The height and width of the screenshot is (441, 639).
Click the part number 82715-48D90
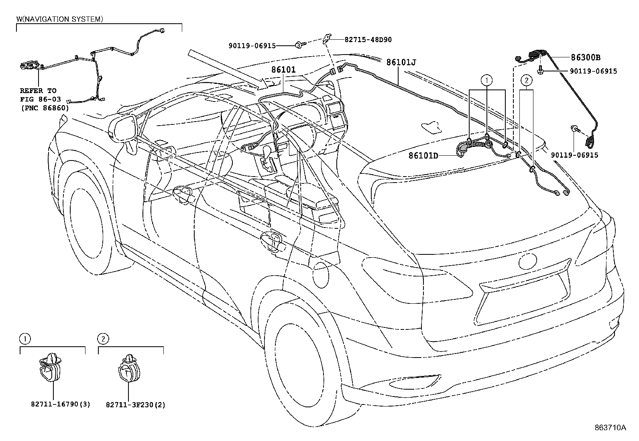[368, 40]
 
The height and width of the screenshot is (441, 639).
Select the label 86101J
[401, 62]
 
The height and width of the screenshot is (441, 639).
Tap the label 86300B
[586, 57]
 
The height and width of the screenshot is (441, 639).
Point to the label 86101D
[423, 155]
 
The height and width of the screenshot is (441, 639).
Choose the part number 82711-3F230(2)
[136, 405]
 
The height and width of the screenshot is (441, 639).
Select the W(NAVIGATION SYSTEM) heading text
[59, 19]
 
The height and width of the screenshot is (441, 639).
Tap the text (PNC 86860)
[44, 108]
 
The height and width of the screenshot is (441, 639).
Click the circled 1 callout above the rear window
[487, 81]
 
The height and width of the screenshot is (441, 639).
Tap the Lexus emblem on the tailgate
[527, 262]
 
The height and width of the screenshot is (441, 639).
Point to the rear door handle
[273, 240]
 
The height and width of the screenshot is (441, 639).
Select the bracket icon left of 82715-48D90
[328, 38]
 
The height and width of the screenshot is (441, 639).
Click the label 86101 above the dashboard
[283, 70]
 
